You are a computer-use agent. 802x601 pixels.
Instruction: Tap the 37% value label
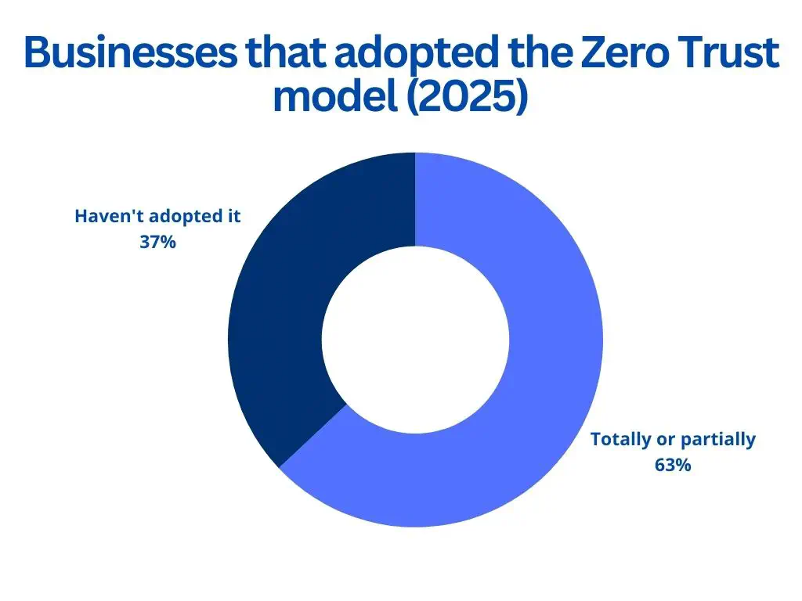pos(158,243)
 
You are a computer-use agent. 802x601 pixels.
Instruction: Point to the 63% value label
pos(673,465)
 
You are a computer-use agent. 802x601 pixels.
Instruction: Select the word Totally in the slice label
pos(620,439)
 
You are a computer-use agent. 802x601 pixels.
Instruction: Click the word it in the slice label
pos(234,217)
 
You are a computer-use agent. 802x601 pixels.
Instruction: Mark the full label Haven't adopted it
pos(158,217)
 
